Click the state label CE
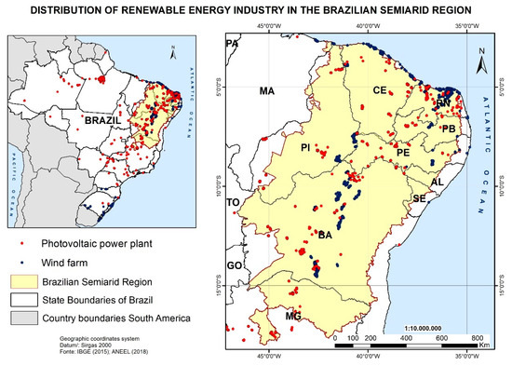pyautogui.click(x=379, y=90)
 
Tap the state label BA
pyautogui.click(x=325, y=236)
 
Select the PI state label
pyautogui.click(x=303, y=147)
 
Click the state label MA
pyautogui.click(x=267, y=91)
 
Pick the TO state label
pyautogui.click(x=233, y=202)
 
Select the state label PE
pyautogui.click(x=403, y=151)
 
